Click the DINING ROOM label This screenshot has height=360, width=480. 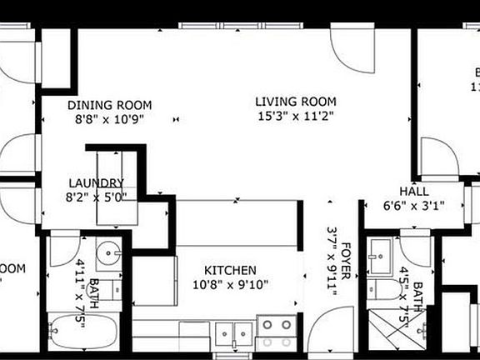click(x=109, y=105)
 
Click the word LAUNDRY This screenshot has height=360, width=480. click(x=96, y=183)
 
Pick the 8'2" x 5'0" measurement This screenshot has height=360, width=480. click(x=96, y=197)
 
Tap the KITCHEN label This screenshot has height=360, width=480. click(x=232, y=270)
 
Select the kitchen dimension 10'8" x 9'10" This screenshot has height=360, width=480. click(x=232, y=285)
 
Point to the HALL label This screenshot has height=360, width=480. click(x=413, y=190)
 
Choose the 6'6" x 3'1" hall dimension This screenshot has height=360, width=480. click(x=413, y=205)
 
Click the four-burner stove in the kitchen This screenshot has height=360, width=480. click(x=276, y=332)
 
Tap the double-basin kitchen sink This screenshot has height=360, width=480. click(x=234, y=333)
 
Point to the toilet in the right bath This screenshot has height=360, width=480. click(x=385, y=288)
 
